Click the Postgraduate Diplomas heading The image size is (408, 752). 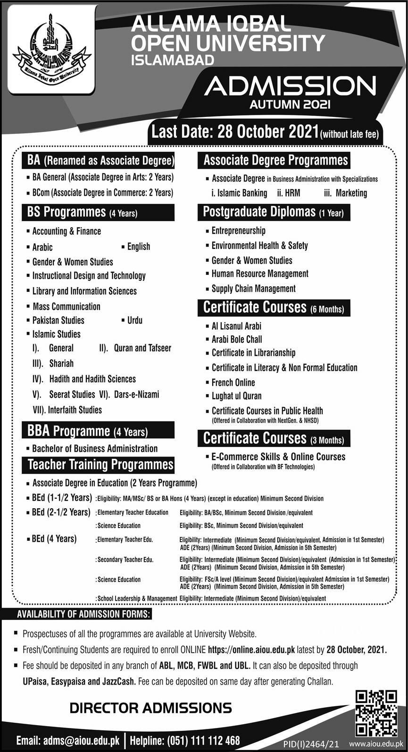tap(273, 212)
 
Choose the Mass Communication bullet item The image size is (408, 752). tap(66, 306)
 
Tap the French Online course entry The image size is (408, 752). tap(233, 382)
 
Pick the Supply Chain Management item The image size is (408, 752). tap(253, 289)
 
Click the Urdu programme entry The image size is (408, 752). tap(134, 320)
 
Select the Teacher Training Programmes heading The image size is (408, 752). tap(100, 464)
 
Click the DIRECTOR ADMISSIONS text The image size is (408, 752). tap(150, 707)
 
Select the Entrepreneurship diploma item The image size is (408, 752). tap(238, 231)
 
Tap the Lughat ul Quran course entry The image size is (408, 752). tap(236, 396)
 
